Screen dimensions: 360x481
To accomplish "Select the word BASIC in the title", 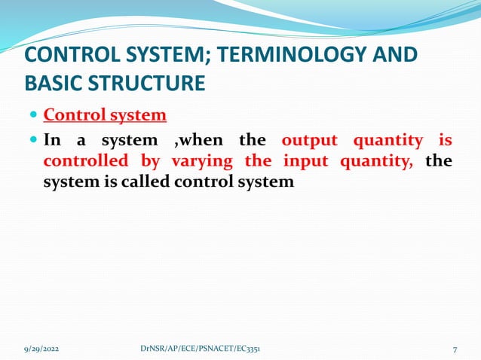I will point(54,82).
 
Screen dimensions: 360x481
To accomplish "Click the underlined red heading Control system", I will point(105,116).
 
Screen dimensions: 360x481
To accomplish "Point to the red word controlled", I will point(86,161).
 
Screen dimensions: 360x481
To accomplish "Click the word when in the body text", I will point(203,141).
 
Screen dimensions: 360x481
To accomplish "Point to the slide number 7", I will point(455,349).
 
